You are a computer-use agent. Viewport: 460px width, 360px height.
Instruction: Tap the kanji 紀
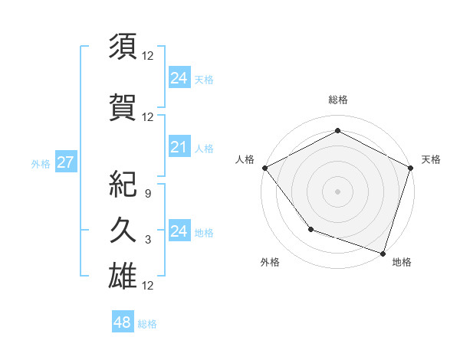tap(123, 184)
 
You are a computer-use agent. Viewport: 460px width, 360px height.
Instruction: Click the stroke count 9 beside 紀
tap(148, 195)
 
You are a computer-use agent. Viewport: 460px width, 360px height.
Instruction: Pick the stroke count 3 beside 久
tap(148, 240)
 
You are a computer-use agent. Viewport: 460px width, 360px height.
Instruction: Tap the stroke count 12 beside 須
tap(148, 56)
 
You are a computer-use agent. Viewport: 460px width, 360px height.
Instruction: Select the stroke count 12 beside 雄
tap(148, 286)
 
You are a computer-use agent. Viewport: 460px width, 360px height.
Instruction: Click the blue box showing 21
tap(179, 148)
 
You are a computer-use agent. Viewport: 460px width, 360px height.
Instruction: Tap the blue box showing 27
tap(65, 162)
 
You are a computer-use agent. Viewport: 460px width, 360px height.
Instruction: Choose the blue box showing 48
tap(122, 322)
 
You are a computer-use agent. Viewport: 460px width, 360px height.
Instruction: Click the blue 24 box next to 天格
tap(179, 77)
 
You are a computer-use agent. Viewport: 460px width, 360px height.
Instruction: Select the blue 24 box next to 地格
tap(179, 231)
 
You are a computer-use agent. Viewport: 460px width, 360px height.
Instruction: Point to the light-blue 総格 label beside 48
tap(148, 324)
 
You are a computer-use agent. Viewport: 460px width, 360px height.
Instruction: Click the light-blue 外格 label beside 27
tap(41, 163)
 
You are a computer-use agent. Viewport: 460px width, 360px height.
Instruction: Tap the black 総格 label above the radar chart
tap(337, 100)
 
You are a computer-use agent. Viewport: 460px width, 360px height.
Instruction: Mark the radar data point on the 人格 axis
tap(264, 167)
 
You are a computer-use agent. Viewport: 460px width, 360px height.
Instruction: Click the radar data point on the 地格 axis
tap(383, 252)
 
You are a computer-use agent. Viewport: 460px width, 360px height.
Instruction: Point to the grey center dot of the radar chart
tap(337, 191)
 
